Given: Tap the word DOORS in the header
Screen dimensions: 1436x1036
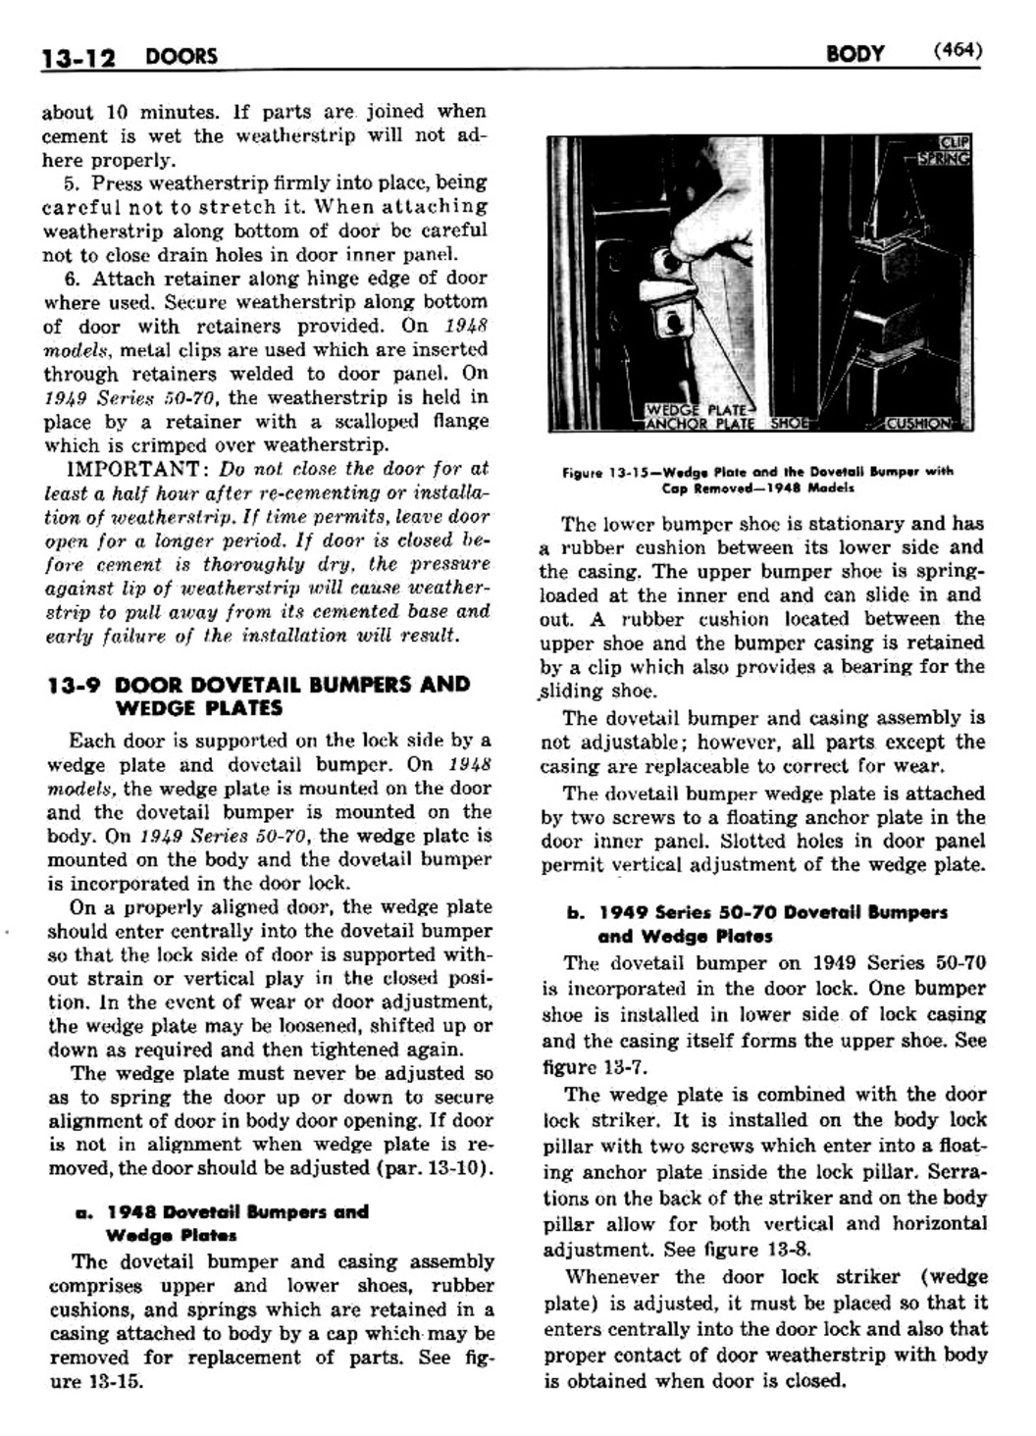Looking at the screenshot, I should pyautogui.click(x=181, y=57).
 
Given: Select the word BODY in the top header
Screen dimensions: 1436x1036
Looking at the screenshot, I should pyautogui.click(x=855, y=54).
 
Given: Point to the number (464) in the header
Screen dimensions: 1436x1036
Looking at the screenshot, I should pyautogui.click(x=958, y=52).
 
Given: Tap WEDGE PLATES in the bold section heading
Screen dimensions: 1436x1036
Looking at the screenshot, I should pyautogui.click(x=198, y=707).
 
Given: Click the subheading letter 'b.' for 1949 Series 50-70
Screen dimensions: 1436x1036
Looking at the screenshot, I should pyautogui.click(x=575, y=912).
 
